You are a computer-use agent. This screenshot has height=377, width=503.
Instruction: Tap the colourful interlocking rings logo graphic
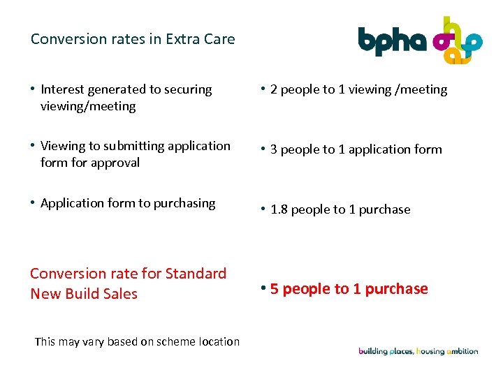pos(458,40)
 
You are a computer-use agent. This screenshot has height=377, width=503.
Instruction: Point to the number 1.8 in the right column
pos(279,209)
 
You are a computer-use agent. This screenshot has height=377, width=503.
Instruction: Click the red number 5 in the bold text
pos(275,289)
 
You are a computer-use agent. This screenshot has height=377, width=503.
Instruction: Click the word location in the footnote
pos(217,341)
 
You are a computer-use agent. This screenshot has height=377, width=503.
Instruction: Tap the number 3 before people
pos(274,149)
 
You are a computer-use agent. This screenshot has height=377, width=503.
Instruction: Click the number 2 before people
pos(274,89)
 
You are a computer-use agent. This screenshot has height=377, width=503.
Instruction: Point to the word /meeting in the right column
pos(422,89)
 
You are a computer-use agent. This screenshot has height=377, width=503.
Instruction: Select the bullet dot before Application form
pos(33,202)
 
